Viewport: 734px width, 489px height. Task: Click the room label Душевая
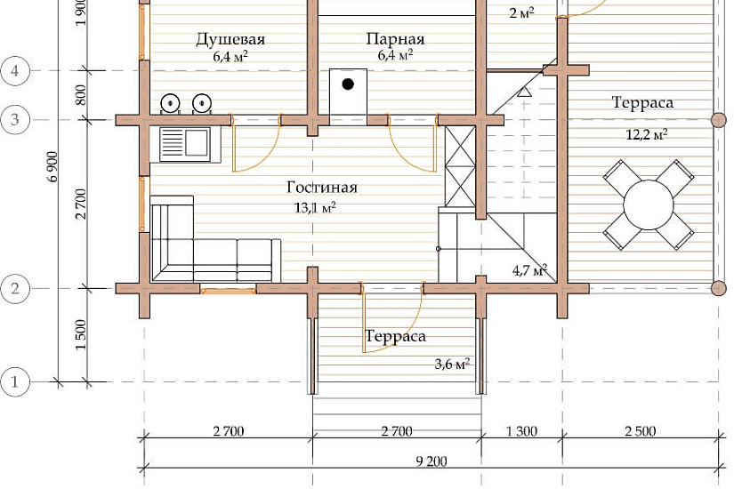point(230,39)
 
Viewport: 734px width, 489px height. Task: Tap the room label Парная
point(395,39)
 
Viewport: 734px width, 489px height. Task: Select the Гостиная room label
point(322,188)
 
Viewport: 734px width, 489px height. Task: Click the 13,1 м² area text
point(315,207)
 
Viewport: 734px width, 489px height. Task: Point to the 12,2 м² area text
point(647,135)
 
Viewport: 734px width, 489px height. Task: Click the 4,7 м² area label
point(530,270)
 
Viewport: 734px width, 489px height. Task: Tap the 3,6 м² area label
point(452,364)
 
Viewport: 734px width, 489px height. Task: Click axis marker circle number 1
point(14,381)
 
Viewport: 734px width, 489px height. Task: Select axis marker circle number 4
point(15,71)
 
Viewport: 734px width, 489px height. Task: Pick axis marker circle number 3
point(15,120)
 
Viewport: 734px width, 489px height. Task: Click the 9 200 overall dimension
point(432,461)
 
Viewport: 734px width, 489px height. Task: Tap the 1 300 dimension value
point(521,431)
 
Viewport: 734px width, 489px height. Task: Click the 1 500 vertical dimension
point(81,334)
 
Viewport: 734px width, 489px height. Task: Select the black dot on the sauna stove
point(348,84)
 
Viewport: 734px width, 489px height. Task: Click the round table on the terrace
point(649,204)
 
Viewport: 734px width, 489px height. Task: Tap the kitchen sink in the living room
point(184,145)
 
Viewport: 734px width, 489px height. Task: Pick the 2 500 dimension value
point(641,431)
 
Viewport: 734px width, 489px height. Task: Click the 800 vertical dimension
point(81,95)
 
